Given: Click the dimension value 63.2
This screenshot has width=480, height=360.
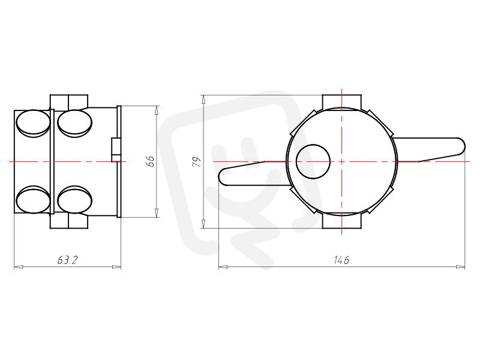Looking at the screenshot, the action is pyautogui.click(x=68, y=260).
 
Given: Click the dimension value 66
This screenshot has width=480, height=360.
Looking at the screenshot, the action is pyautogui.click(x=151, y=161).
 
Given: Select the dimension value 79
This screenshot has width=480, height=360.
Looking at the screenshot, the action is pyautogui.click(x=197, y=161).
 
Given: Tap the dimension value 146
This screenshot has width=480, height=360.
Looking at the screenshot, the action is pyautogui.click(x=341, y=260).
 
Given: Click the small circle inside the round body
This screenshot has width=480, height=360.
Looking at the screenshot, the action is pyautogui.click(x=313, y=161).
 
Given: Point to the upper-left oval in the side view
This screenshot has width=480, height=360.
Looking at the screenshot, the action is pyautogui.click(x=33, y=124).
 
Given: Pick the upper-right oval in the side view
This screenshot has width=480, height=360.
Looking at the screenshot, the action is pyautogui.click(x=74, y=124).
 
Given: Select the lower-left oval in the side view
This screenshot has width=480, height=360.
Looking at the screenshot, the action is pyautogui.click(x=33, y=200).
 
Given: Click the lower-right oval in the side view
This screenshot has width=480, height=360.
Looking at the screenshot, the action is pyautogui.click(x=74, y=200).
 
